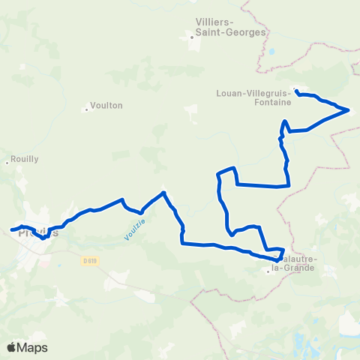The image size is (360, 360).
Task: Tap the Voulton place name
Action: [x=106, y=106]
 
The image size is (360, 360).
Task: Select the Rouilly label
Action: [x=20, y=160]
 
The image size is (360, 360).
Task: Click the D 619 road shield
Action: [x=90, y=261]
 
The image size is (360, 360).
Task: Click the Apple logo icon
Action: [x=12, y=347]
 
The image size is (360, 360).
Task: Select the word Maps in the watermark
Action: [x=33, y=347]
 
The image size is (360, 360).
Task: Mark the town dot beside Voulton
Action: [x=87, y=109]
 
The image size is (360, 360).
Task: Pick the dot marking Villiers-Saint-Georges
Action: [x=193, y=36]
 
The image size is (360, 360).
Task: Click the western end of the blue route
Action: [x=11, y=229]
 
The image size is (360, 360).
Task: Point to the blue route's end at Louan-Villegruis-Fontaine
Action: [x=297, y=91]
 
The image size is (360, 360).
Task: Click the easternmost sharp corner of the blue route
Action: [x=349, y=110]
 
